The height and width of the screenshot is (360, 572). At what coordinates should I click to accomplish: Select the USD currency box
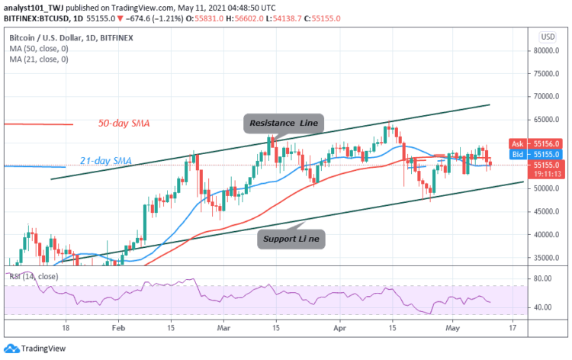pyautogui.click(x=547, y=37)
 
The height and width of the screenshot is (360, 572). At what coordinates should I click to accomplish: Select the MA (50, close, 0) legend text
pyautogui.click(x=38, y=47)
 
